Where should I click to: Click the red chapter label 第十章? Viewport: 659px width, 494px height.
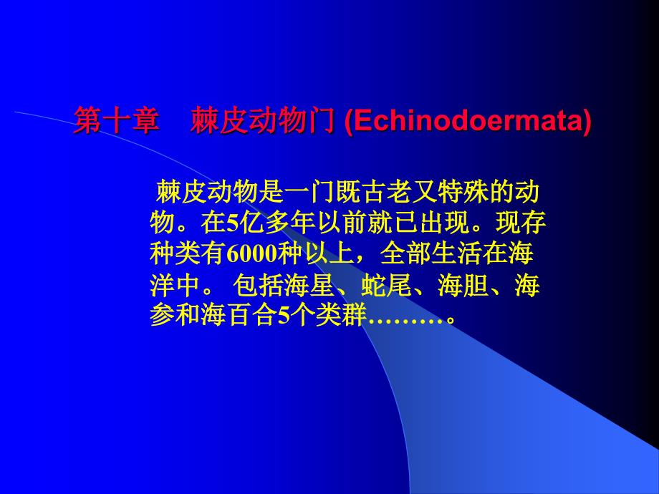click(x=117, y=121)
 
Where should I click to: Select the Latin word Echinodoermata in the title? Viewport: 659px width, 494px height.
click(x=468, y=121)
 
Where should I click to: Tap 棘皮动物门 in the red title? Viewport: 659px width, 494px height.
click(x=262, y=121)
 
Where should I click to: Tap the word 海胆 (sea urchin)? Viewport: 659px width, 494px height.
click(x=463, y=285)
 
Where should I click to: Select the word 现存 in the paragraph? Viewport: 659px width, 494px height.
click(x=520, y=223)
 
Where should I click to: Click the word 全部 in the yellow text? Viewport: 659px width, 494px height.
click(x=406, y=253)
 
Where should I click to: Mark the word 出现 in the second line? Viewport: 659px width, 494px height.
click(x=444, y=223)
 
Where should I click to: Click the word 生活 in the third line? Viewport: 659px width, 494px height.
click(x=456, y=253)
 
